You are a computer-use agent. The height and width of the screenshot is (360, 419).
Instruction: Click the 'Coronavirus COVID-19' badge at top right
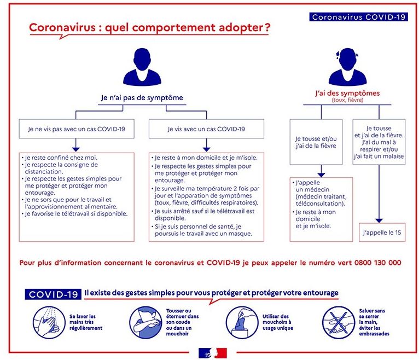[x=359, y=17]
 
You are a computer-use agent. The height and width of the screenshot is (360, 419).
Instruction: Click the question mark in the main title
[x=266, y=27]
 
